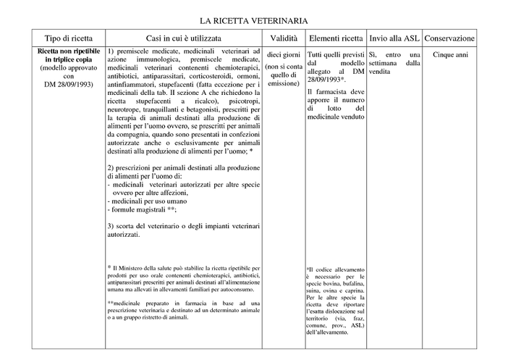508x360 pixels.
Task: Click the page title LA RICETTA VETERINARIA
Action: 253,22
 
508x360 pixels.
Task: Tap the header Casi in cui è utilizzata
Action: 183,38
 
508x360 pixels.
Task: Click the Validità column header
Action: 284,38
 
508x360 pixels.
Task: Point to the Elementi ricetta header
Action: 336,38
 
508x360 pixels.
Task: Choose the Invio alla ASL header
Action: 394,38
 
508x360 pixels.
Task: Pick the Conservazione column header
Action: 449,38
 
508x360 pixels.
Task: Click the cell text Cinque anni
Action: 449,54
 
